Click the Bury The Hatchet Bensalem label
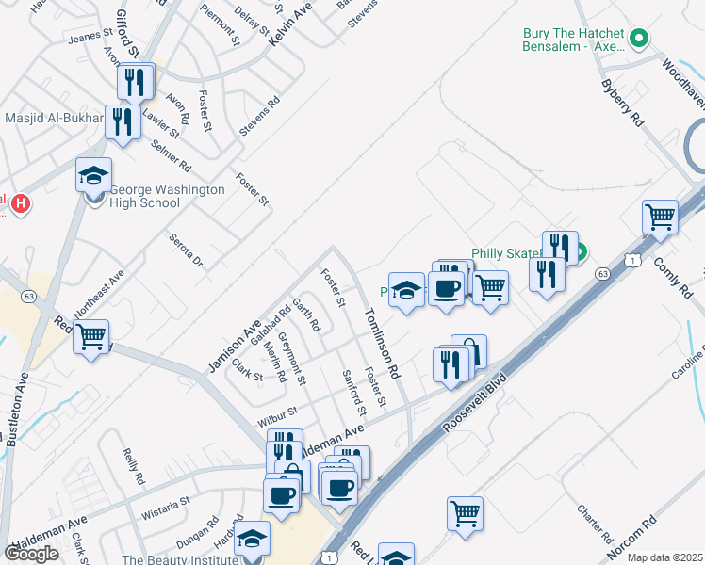(x=576, y=40)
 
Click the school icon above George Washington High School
(x=94, y=175)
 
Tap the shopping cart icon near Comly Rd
(x=661, y=218)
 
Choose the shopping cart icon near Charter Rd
(x=465, y=514)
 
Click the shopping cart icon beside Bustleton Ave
(x=91, y=337)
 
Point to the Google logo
(x=31, y=554)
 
